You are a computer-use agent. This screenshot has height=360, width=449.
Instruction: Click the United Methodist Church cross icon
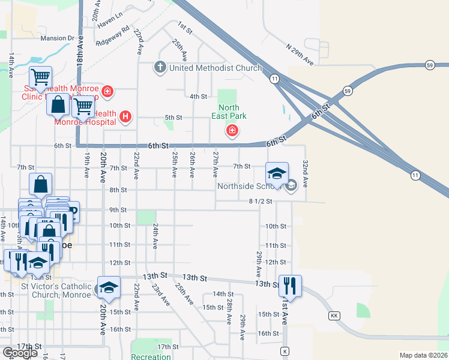(160, 67)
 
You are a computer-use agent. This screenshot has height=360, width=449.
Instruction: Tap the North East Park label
(229, 111)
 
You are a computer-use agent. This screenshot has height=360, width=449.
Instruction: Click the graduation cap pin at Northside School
(277, 174)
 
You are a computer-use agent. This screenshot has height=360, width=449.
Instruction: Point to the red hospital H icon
(125, 116)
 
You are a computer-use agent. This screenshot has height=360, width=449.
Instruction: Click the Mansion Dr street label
(57, 38)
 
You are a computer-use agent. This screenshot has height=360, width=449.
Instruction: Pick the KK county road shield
(334, 316)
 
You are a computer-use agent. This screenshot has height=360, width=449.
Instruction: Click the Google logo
(20, 353)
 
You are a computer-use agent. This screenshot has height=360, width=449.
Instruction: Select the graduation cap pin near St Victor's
(109, 288)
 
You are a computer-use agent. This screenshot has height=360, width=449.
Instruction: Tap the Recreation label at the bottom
(151, 356)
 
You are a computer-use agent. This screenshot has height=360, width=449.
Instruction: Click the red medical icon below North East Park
(232, 130)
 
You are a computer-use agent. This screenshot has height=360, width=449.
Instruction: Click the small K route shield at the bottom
(285, 351)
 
